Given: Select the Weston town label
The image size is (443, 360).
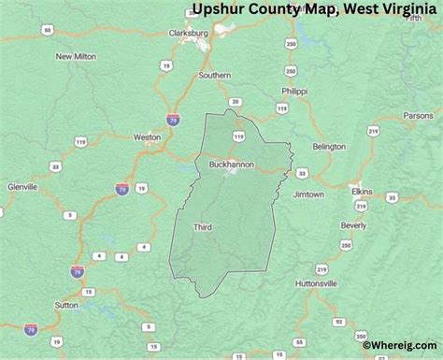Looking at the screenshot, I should [147, 137].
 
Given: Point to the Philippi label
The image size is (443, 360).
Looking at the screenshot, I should [293, 91].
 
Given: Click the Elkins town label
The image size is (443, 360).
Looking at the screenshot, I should [361, 191].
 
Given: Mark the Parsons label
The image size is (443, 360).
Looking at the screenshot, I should [418, 115].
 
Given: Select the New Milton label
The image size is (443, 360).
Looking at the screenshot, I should [76, 56].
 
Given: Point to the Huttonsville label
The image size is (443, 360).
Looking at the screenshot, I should [315, 282].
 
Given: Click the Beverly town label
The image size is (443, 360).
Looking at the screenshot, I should [353, 225].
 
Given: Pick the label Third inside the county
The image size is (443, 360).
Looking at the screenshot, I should [203, 227].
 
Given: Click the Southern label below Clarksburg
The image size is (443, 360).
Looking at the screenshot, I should [214, 75].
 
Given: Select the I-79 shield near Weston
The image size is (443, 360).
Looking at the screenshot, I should [172, 121].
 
